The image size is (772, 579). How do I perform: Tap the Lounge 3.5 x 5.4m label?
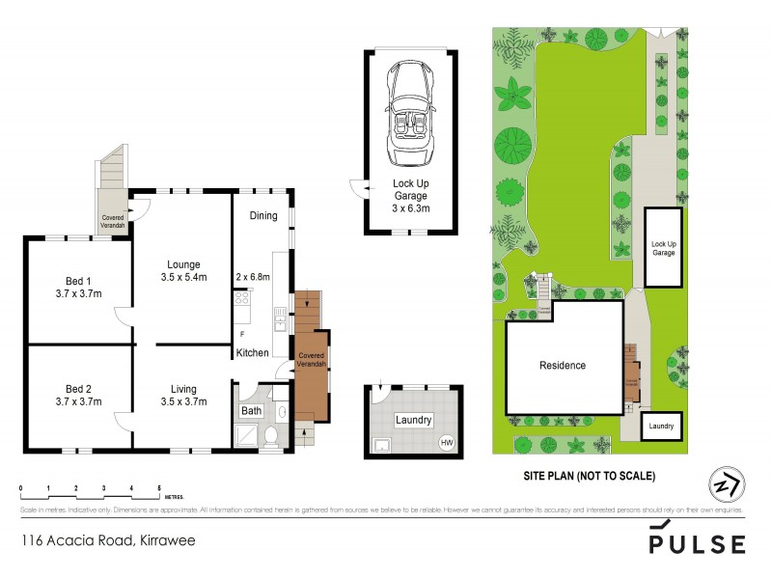[182, 271]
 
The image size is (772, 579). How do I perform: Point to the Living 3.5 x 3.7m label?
[182, 396]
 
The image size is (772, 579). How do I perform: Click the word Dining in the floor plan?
[263, 216]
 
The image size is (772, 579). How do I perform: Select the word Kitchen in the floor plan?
[253, 353]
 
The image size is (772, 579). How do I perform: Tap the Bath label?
[251, 411]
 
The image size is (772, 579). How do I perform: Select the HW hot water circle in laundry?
[446, 443]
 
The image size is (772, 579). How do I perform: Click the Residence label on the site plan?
[562, 366]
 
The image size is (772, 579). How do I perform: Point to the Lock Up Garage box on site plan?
[662, 246]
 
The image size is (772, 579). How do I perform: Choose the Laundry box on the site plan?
[661, 426]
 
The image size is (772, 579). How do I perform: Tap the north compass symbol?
[726, 483]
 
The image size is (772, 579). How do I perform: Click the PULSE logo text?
[697, 543]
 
